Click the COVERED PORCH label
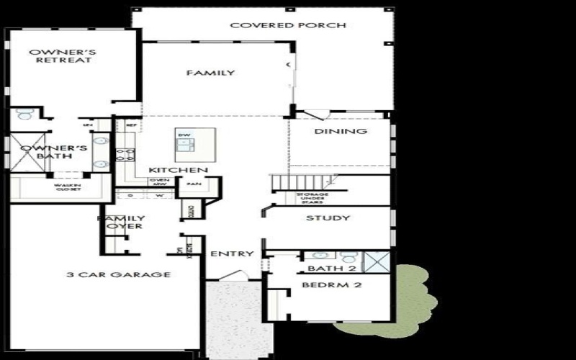[x=288, y=25]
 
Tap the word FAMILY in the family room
[x=210, y=73]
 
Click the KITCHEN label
[x=179, y=170]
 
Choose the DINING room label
[x=341, y=131]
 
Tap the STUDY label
[x=328, y=217]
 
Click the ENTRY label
[x=231, y=253]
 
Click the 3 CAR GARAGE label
[x=118, y=274]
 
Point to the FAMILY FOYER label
[x=121, y=222]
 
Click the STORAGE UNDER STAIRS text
[x=312, y=198]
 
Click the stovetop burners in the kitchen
[x=125, y=153]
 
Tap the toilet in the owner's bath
[x=25, y=114]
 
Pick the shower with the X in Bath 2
[x=377, y=261]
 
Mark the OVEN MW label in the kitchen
[x=159, y=181]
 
